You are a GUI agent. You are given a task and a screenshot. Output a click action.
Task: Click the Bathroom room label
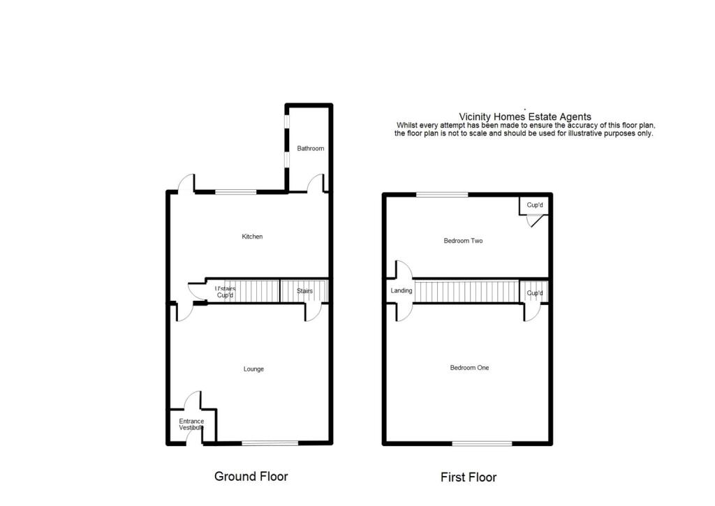click(x=311, y=149)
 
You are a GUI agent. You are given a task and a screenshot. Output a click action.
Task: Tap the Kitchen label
click(x=252, y=237)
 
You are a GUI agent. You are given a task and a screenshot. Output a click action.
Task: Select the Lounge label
click(x=253, y=369)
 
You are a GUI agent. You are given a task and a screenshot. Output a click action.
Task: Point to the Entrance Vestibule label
click(x=191, y=424)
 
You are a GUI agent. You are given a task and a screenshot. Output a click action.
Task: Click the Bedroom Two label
click(x=463, y=241)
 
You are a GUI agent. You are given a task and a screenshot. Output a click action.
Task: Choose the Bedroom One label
click(x=469, y=368)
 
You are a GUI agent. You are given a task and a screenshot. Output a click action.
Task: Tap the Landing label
click(x=401, y=291)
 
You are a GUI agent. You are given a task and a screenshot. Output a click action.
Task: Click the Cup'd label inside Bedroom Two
click(x=535, y=205)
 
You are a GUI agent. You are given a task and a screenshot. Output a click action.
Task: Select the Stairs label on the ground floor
click(x=304, y=290)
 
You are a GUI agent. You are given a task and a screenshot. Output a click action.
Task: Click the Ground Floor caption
click(x=251, y=477)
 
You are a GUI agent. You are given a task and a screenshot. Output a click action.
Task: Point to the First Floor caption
click(x=469, y=477)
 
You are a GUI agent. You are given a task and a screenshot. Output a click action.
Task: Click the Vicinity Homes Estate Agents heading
click(x=525, y=117)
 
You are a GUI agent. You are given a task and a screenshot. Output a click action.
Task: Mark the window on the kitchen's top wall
click(x=236, y=192)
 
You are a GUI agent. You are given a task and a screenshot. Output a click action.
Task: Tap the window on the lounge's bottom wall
click(x=270, y=442)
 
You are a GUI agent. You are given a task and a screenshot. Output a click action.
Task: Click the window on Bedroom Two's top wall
click(x=443, y=194)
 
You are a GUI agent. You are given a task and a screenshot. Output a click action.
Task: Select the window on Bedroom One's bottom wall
click(x=481, y=443)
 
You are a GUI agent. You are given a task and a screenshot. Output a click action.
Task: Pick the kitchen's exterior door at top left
click(x=186, y=183)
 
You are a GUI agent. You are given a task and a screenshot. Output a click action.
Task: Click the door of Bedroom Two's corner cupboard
click(x=533, y=221)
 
